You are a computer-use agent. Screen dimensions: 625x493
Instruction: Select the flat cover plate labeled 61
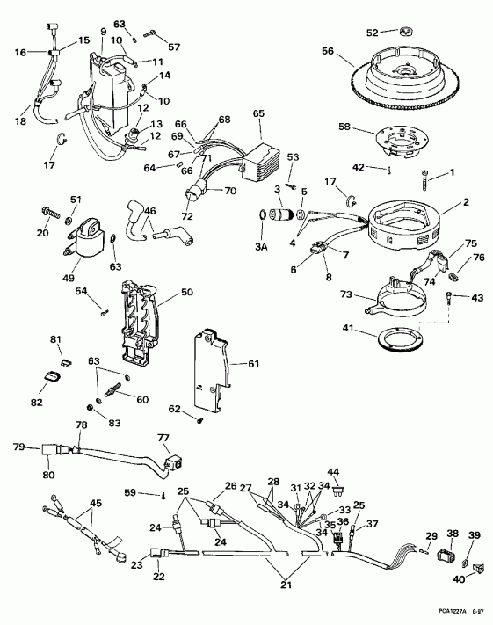tap(211, 365)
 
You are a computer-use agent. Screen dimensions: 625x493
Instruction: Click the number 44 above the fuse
tap(334, 472)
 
